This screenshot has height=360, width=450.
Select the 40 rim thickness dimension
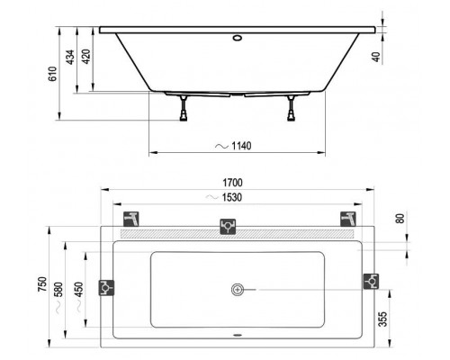(384, 56)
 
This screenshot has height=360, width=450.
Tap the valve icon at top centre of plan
(229, 227)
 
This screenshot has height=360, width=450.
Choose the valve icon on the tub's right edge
(370, 281)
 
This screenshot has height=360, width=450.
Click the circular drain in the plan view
(238, 289)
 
